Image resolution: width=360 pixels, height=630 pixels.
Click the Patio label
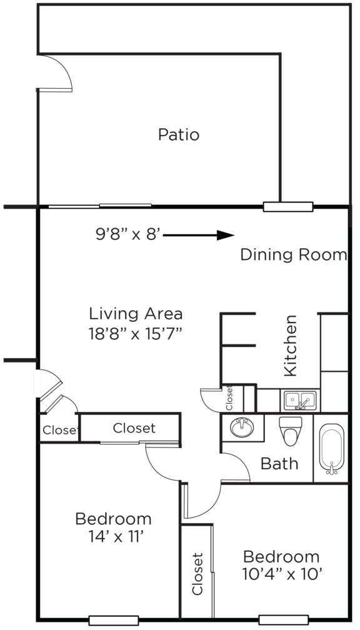179,134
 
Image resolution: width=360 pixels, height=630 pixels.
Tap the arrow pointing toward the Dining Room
199,235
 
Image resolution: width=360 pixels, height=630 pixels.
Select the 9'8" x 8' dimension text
128,235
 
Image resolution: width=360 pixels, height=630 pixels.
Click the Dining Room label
293,255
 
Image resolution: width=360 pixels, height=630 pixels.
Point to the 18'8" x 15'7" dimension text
135,332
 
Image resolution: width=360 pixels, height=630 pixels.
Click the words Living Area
135,313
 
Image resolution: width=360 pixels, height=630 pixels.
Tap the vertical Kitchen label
291,354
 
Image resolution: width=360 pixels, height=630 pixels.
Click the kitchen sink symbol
299,399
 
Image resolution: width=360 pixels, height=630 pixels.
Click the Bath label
279,464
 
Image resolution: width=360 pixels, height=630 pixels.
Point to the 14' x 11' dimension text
113,537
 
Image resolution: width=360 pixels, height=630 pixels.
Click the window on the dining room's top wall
287,207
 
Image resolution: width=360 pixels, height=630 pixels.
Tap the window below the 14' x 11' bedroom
113,620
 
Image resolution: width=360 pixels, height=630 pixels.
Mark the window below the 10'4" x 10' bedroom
283,620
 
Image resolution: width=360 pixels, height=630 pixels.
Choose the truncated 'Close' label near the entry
59,431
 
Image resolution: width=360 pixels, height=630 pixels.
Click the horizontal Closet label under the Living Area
134,429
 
